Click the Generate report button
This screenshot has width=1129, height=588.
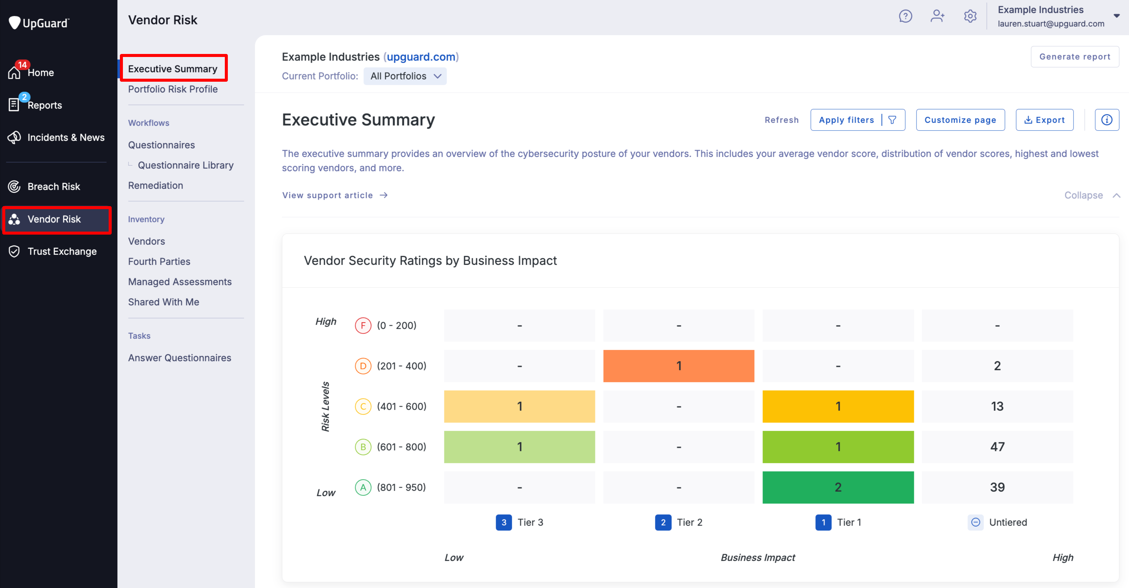coord(1074,57)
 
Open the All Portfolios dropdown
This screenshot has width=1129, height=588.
coord(405,76)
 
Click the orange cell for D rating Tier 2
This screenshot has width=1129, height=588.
coord(679,366)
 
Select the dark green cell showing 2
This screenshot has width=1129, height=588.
coord(837,487)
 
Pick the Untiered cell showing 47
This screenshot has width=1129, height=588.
coord(997,447)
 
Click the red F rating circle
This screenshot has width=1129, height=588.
coord(363,325)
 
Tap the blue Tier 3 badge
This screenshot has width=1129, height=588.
coord(504,522)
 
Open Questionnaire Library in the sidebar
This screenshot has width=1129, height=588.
coord(185,165)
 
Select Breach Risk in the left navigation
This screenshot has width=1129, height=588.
coord(54,187)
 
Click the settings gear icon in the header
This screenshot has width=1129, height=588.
coord(970,16)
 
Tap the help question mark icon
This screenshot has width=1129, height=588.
coord(905,16)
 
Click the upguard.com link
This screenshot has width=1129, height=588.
coord(421,57)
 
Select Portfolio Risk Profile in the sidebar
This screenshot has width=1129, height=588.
coord(173,90)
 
